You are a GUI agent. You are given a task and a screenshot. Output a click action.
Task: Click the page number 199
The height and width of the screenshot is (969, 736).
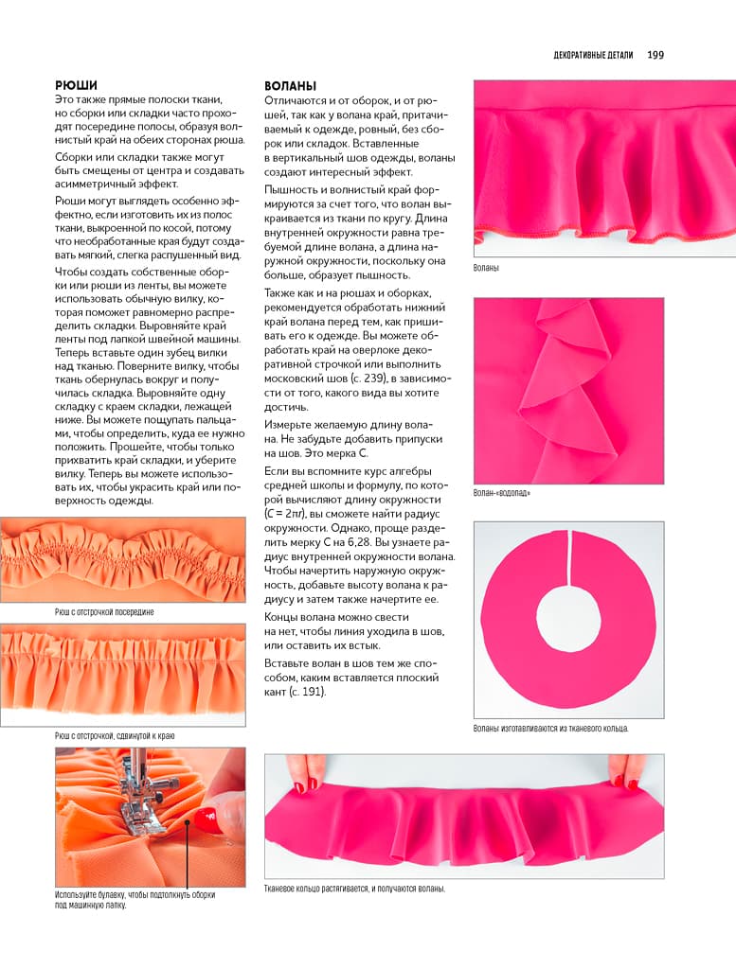pyautogui.click(x=655, y=55)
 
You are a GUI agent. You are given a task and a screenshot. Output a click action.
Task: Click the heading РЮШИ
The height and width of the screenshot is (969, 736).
pyautogui.click(x=76, y=84)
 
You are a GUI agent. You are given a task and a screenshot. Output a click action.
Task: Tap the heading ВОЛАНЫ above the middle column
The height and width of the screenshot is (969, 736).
pyautogui.click(x=290, y=85)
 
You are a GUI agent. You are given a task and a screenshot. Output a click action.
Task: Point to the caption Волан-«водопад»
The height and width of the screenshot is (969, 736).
pyautogui.click(x=502, y=493)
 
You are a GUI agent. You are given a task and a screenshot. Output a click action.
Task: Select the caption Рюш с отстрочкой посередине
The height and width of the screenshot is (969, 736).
pyautogui.click(x=104, y=612)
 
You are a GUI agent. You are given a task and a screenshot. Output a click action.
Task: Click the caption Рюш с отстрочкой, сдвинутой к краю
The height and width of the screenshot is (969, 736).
pyautogui.click(x=115, y=735)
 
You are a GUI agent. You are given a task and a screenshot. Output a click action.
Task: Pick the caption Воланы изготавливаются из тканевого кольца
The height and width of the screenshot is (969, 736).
pyautogui.click(x=550, y=729)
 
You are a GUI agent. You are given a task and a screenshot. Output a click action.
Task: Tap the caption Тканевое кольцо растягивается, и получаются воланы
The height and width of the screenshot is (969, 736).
pyautogui.click(x=354, y=889)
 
